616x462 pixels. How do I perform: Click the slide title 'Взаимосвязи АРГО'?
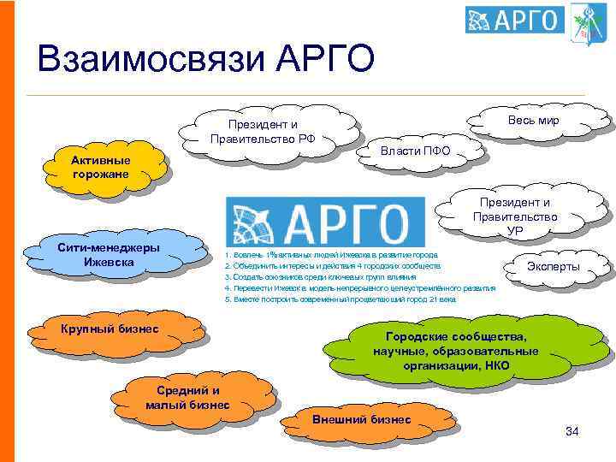[206, 59]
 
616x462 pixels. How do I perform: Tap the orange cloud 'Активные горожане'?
[101, 168]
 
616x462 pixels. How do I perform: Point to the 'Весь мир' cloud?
[533, 121]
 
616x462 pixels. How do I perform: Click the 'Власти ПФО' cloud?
[416, 151]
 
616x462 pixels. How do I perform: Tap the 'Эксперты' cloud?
[553, 268]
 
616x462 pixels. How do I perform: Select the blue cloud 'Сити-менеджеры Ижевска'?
[109, 254]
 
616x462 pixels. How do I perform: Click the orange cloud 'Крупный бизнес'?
[110, 329]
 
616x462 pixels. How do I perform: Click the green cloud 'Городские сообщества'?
[455, 352]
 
